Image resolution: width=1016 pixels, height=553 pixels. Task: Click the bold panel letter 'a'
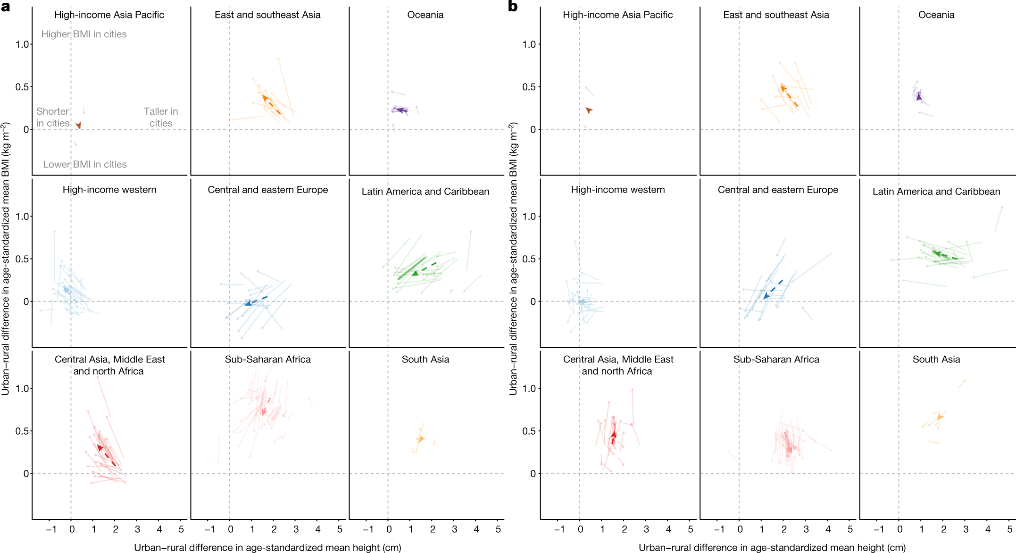point(5,7)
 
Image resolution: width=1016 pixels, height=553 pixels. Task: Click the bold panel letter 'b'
point(513,7)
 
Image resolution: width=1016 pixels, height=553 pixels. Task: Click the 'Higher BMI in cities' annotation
point(84,34)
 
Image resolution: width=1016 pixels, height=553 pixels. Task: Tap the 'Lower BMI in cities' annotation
point(85,164)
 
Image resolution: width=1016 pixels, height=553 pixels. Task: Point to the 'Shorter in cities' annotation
point(53,117)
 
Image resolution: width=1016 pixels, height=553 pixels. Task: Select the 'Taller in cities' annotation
point(161,117)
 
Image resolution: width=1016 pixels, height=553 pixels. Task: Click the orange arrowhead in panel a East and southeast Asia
point(265,98)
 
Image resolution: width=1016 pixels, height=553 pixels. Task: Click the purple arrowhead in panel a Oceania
point(399,110)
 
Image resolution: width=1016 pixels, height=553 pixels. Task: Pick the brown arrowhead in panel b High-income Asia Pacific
point(589,110)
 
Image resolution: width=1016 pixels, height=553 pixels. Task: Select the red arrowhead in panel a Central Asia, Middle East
point(100,448)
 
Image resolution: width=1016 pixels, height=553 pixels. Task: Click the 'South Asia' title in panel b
point(936,359)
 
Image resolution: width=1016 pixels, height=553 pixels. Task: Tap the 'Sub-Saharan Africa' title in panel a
point(267,359)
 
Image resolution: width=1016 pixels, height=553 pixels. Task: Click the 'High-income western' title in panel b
point(618,190)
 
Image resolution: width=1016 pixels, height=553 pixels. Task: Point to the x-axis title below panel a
point(267,547)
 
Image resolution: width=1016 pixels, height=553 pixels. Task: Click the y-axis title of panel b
point(513,259)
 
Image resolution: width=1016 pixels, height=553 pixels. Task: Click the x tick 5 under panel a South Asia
point(498,529)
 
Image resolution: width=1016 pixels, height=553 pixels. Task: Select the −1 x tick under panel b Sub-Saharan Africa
point(719,529)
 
